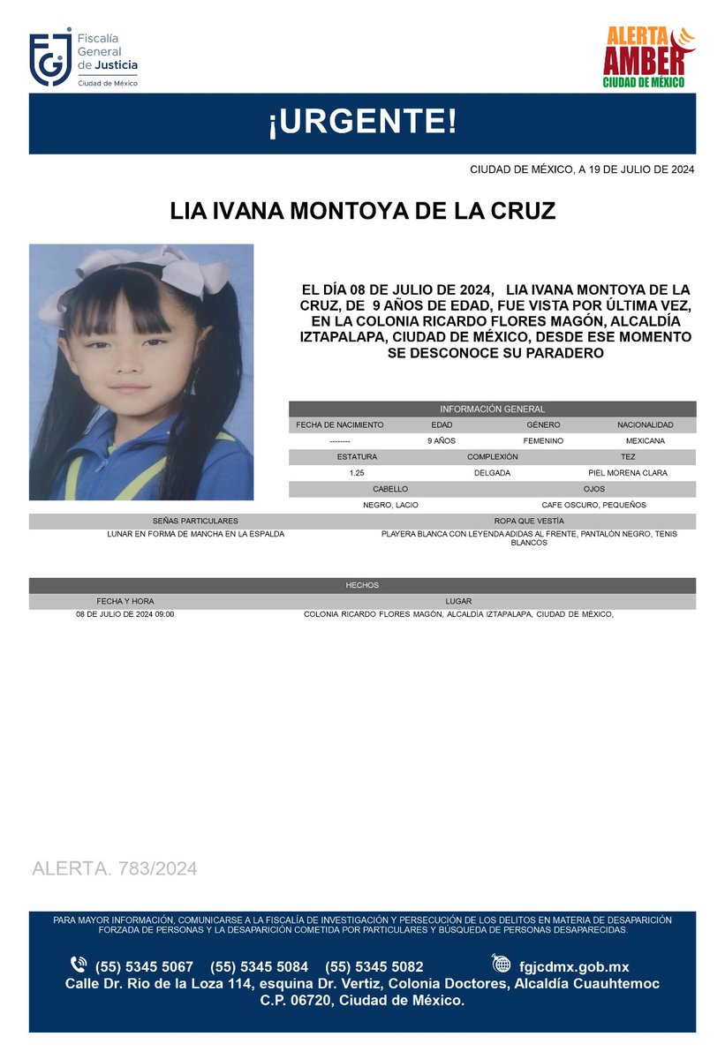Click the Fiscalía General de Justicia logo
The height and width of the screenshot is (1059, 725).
point(83,59)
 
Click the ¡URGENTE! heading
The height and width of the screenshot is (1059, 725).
point(362,123)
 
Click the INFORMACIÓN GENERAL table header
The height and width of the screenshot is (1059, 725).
point(492,409)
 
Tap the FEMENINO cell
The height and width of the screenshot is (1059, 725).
point(543,440)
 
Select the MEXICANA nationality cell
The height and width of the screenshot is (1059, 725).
point(645,440)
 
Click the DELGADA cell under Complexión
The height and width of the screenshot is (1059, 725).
point(492,473)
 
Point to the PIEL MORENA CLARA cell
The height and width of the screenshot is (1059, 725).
point(628,473)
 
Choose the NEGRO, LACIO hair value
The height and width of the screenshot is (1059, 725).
point(390,505)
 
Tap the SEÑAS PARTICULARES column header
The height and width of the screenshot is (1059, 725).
point(195,522)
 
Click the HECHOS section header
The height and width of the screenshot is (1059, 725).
point(362,585)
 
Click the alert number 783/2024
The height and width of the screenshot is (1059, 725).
point(155,868)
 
